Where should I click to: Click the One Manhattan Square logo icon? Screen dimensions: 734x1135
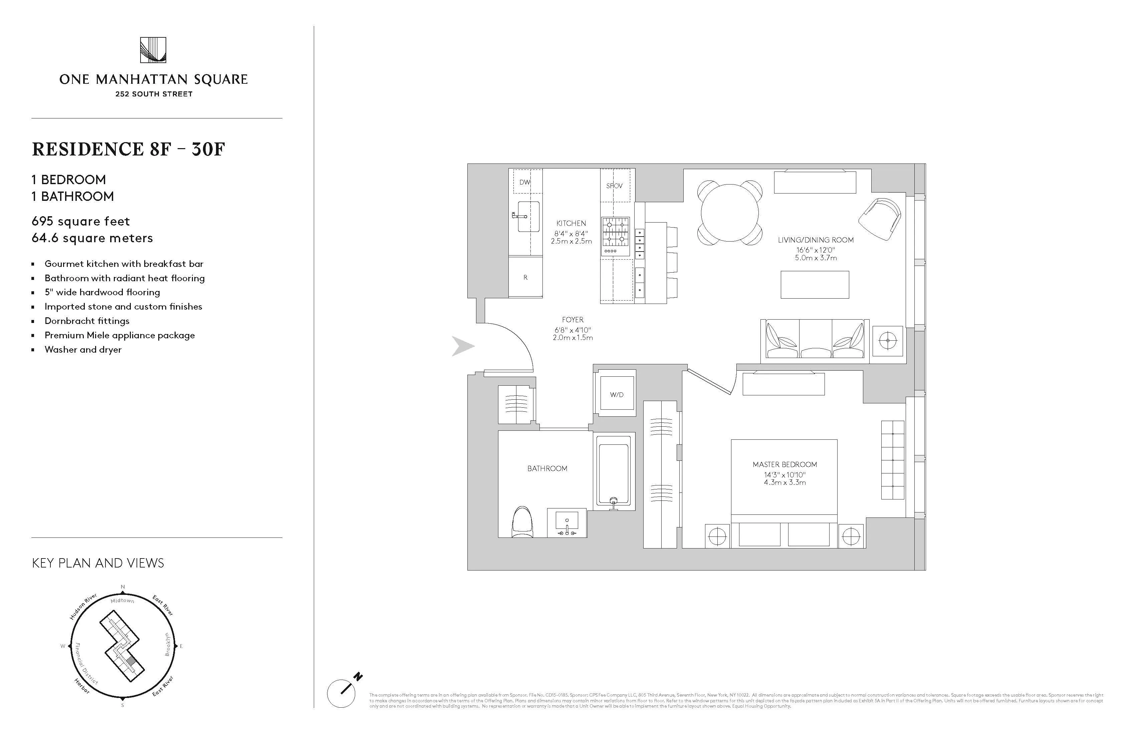(153, 50)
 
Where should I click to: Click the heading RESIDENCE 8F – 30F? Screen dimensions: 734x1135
(128, 149)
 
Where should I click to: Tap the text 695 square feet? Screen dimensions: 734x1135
(80, 221)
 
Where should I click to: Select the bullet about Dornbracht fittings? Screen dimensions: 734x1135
(87, 321)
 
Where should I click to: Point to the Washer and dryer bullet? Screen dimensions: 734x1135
(83, 349)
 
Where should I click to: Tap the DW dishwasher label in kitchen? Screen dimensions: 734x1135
(524, 182)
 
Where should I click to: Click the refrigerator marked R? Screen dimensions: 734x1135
(525, 277)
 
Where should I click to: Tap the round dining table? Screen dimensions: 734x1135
(730, 213)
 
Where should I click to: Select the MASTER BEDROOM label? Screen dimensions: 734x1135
(784, 464)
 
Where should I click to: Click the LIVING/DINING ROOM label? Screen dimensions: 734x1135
(816, 240)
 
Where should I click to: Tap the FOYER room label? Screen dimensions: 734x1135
(572, 320)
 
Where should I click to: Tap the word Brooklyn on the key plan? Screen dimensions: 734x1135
(167, 644)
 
